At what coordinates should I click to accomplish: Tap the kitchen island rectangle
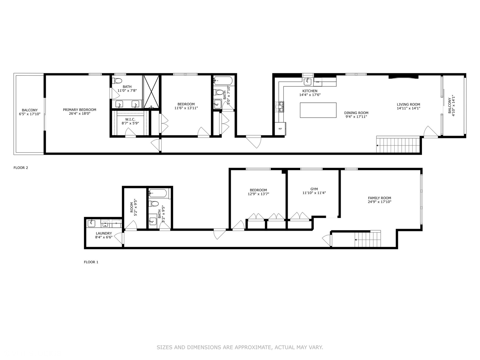(318, 110)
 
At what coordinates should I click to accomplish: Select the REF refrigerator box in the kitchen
(280, 129)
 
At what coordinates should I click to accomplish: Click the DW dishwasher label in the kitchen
(317, 82)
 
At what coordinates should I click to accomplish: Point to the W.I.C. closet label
(130, 119)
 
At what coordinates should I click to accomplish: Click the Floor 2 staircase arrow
(378, 146)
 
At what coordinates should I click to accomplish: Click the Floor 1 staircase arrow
(356, 240)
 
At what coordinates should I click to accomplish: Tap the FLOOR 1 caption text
(91, 262)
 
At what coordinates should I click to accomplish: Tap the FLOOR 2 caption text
(21, 168)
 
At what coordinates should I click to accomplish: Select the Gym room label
(314, 189)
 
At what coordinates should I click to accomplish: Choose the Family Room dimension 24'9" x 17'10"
(379, 202)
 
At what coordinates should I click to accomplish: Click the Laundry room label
(104, 233)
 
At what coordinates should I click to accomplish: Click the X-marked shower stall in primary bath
(152, 92)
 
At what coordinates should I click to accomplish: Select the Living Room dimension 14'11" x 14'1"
(408, 108)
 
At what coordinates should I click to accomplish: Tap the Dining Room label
(356, 113)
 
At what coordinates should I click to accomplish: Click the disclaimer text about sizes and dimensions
(240, 347)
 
